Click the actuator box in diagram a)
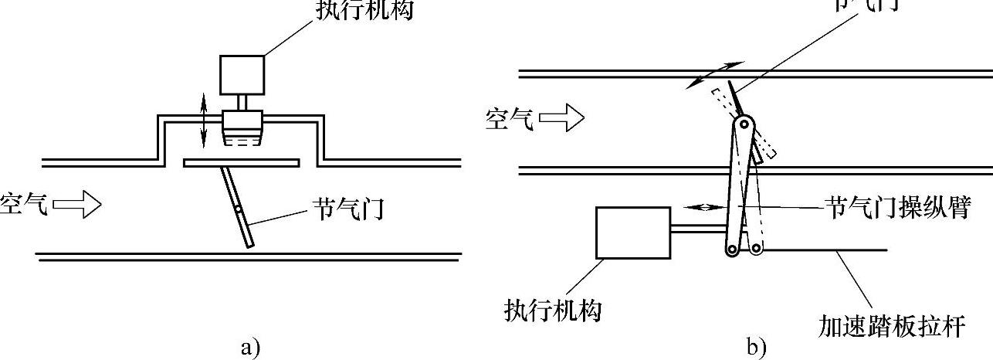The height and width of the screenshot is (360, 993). click(243, 74)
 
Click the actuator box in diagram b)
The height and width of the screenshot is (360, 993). click(633, 232)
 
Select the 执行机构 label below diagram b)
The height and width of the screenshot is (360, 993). click(553, 311)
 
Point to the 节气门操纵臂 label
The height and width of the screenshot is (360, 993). click(896, 208)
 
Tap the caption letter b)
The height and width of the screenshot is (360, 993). click(756, 348)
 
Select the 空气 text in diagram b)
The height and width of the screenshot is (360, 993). click(509, 119)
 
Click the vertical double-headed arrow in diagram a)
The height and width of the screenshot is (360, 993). click(203, 120)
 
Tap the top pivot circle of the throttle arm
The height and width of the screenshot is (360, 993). click(744, 124)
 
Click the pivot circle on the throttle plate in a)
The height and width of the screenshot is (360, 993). click(240, 209)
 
